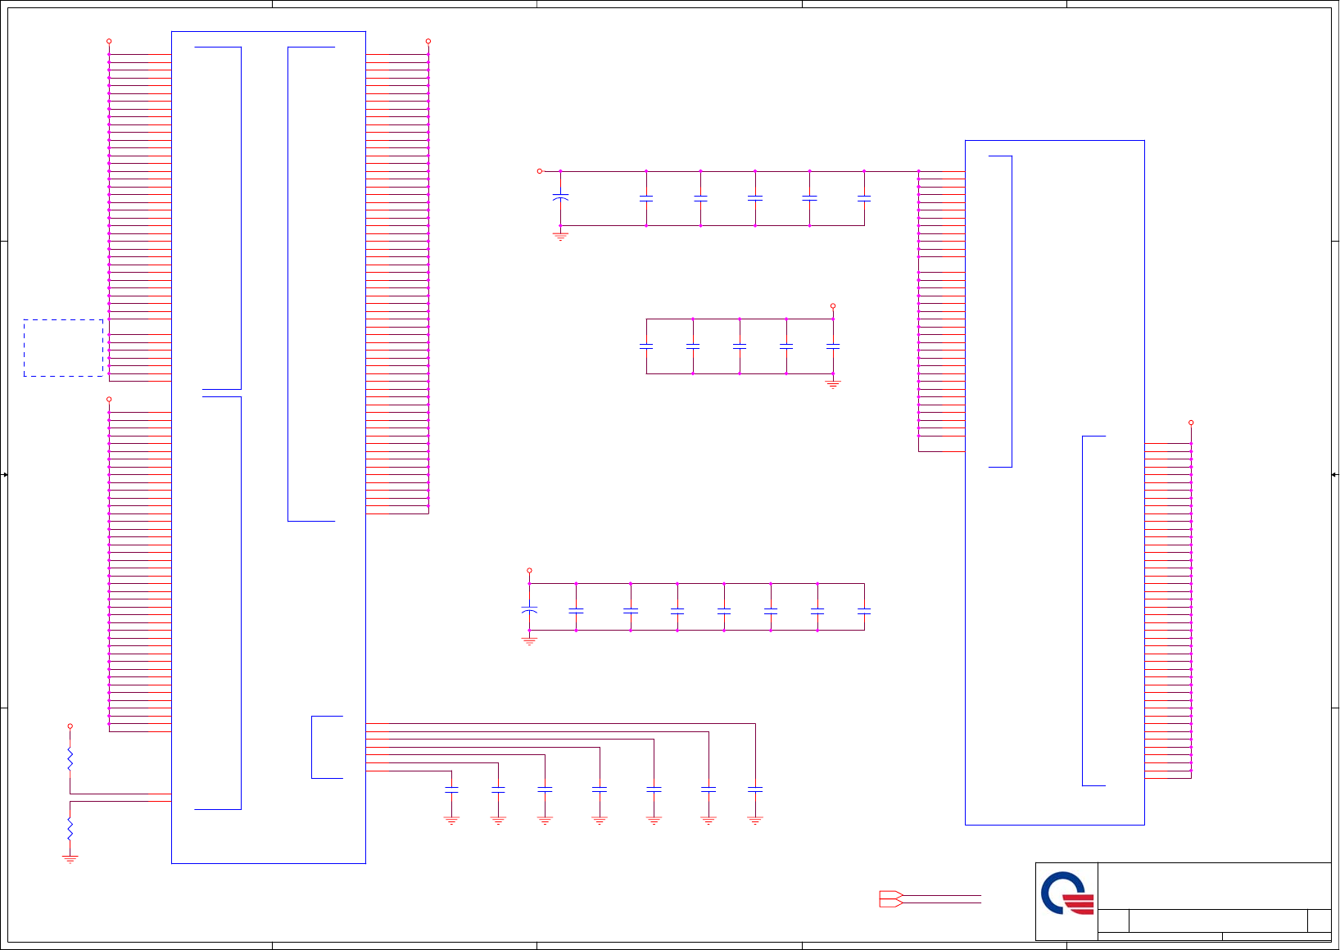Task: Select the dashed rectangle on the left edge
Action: [x=63, y=348]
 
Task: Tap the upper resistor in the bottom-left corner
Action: [x=70, y=760]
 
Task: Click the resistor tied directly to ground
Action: [x=70, y=829]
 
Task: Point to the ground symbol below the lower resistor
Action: [x=70, y=859]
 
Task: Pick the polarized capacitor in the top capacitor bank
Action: [x=560, y=198]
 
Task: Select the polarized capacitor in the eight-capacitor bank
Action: [x=529, y=611]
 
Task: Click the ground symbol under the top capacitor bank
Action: [x=560, y=237]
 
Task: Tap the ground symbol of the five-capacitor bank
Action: [x=833, y=384]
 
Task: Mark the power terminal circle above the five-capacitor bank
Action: [x=833, y=306]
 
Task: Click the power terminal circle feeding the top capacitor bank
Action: [x=540, y=171]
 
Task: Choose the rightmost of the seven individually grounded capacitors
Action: [x=755, y=789]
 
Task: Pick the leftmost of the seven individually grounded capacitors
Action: [x=451, y=789]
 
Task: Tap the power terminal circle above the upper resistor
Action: [x=70, y=726]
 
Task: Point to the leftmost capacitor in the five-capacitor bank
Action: [x=646, y=346]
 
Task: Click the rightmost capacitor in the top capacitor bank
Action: [x=864, y=198]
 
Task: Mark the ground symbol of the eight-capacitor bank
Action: [x=529, y=641]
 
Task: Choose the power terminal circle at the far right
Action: [x=1191, y=423]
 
